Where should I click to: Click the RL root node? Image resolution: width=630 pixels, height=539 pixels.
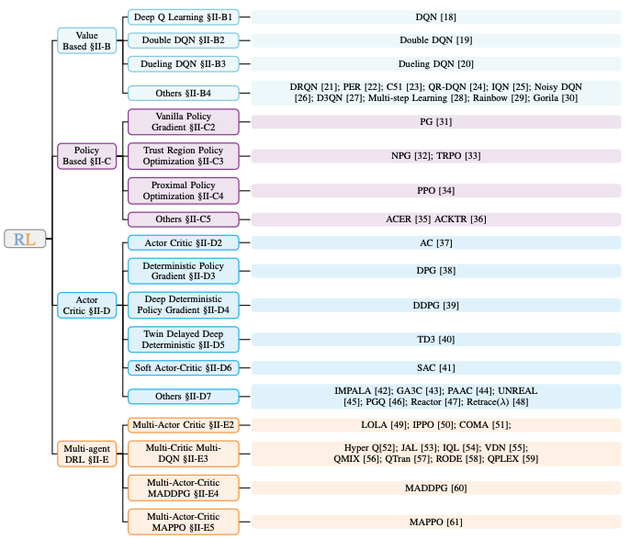pyautogui.click(x=25, y=240)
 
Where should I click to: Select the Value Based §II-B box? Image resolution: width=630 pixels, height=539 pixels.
pyautogui.click(x=86, y=40)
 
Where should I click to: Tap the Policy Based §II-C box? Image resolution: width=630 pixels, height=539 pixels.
pyautogui.click(x=86, y=155)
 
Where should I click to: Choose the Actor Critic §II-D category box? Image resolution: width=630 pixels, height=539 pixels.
pyautogui.click(x=86, y=305)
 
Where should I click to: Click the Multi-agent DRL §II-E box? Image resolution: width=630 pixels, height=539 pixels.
pyautogui.click(x=86, y=454)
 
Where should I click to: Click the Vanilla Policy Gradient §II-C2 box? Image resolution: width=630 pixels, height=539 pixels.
pyautogui.click(x=184, y=121)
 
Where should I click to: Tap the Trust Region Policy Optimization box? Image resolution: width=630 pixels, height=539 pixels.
pyautogui.click(x=184, y=155)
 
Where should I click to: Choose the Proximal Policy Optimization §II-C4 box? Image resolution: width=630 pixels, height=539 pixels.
pyautogui.click(x=184, y=190)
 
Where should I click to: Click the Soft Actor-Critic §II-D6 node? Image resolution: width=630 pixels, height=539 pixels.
pyautogui.click(x=184, y=368)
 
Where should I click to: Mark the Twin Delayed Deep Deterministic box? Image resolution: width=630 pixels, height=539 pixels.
pyautogui.click(x=184, y=339)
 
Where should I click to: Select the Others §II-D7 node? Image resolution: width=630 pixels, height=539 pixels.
pyautogui.click(x=184, y=397)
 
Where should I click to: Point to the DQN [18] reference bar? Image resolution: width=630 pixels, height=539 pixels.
pyautogui.click(x=436, y=17)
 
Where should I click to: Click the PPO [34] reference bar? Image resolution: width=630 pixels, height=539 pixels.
pyautogui.click(x=436, y=190)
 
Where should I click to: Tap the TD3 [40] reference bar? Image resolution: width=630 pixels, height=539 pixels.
pyautogui.click(x=436, y=339)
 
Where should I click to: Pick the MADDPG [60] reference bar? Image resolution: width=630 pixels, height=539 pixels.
pyautogui.click(x=436, y=488)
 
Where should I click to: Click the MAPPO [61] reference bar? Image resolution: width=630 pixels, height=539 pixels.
pyautogui.click(x=436, y=522)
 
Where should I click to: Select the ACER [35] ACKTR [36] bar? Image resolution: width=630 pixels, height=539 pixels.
pyautogui.click(x=436, y=219)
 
